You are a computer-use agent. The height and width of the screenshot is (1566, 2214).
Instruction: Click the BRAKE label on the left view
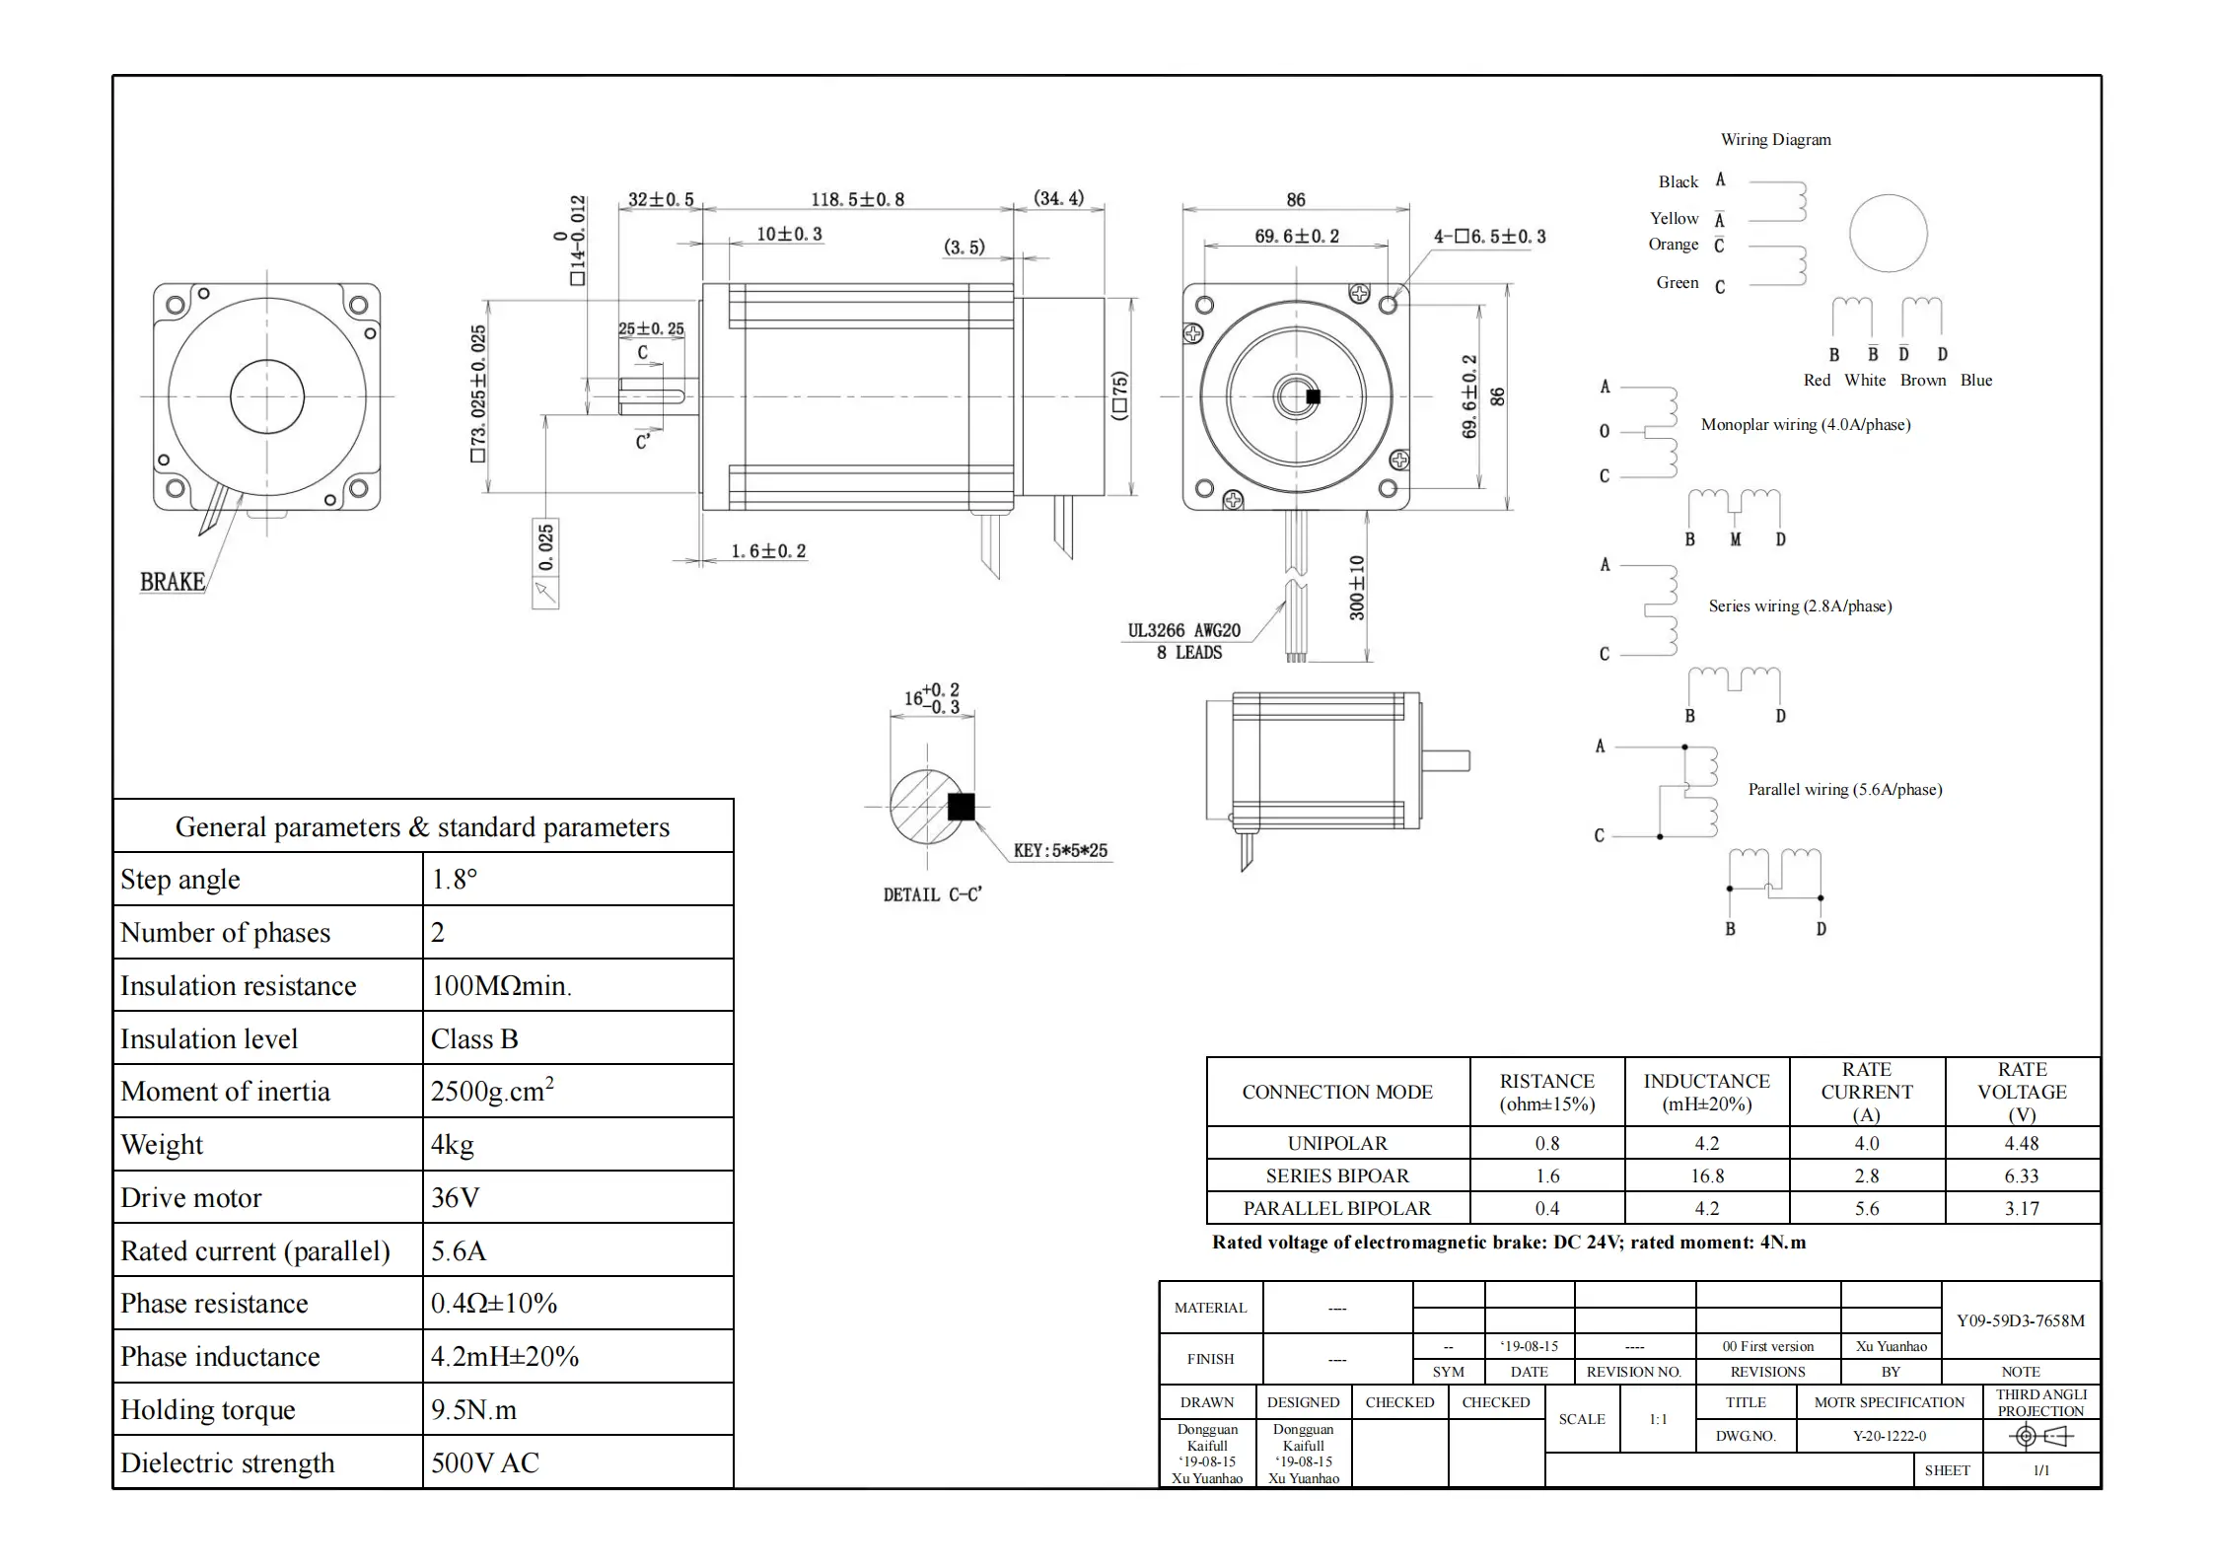173,582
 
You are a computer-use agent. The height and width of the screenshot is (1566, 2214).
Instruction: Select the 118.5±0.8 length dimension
857,199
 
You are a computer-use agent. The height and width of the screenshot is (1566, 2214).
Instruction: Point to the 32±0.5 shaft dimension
661,199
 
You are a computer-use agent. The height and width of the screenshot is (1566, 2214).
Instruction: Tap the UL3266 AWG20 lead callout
1183,631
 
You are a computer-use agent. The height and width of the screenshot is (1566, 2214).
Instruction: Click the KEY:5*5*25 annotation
1060,850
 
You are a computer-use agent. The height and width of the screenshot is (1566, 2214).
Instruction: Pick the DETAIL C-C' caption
932,894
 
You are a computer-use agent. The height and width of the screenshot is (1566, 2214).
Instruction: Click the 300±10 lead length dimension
1357,589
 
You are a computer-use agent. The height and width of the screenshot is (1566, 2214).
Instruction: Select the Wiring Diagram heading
1775,140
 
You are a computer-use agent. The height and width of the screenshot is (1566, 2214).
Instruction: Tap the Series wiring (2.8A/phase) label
1800,606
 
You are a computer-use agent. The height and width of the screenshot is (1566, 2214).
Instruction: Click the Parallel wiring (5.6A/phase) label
1844,790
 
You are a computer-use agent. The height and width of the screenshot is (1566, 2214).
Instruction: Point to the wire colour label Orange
1674,245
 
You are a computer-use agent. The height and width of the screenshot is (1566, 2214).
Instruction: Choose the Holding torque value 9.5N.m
473,1410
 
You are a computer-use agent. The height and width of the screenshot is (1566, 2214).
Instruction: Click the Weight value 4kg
453,1145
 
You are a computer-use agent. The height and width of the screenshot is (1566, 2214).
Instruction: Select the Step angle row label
180,880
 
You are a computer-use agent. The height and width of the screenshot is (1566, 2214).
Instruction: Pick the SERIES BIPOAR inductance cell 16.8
1706,1176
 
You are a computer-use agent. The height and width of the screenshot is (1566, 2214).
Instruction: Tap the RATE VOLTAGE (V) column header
2022,1092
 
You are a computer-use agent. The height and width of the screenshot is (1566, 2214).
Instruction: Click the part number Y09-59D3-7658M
2020,1321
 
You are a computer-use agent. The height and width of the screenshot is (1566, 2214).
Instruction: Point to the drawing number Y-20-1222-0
1889,1436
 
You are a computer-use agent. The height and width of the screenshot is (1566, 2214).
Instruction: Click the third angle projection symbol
2039,1437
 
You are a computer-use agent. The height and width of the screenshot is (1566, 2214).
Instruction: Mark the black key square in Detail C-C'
961,807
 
